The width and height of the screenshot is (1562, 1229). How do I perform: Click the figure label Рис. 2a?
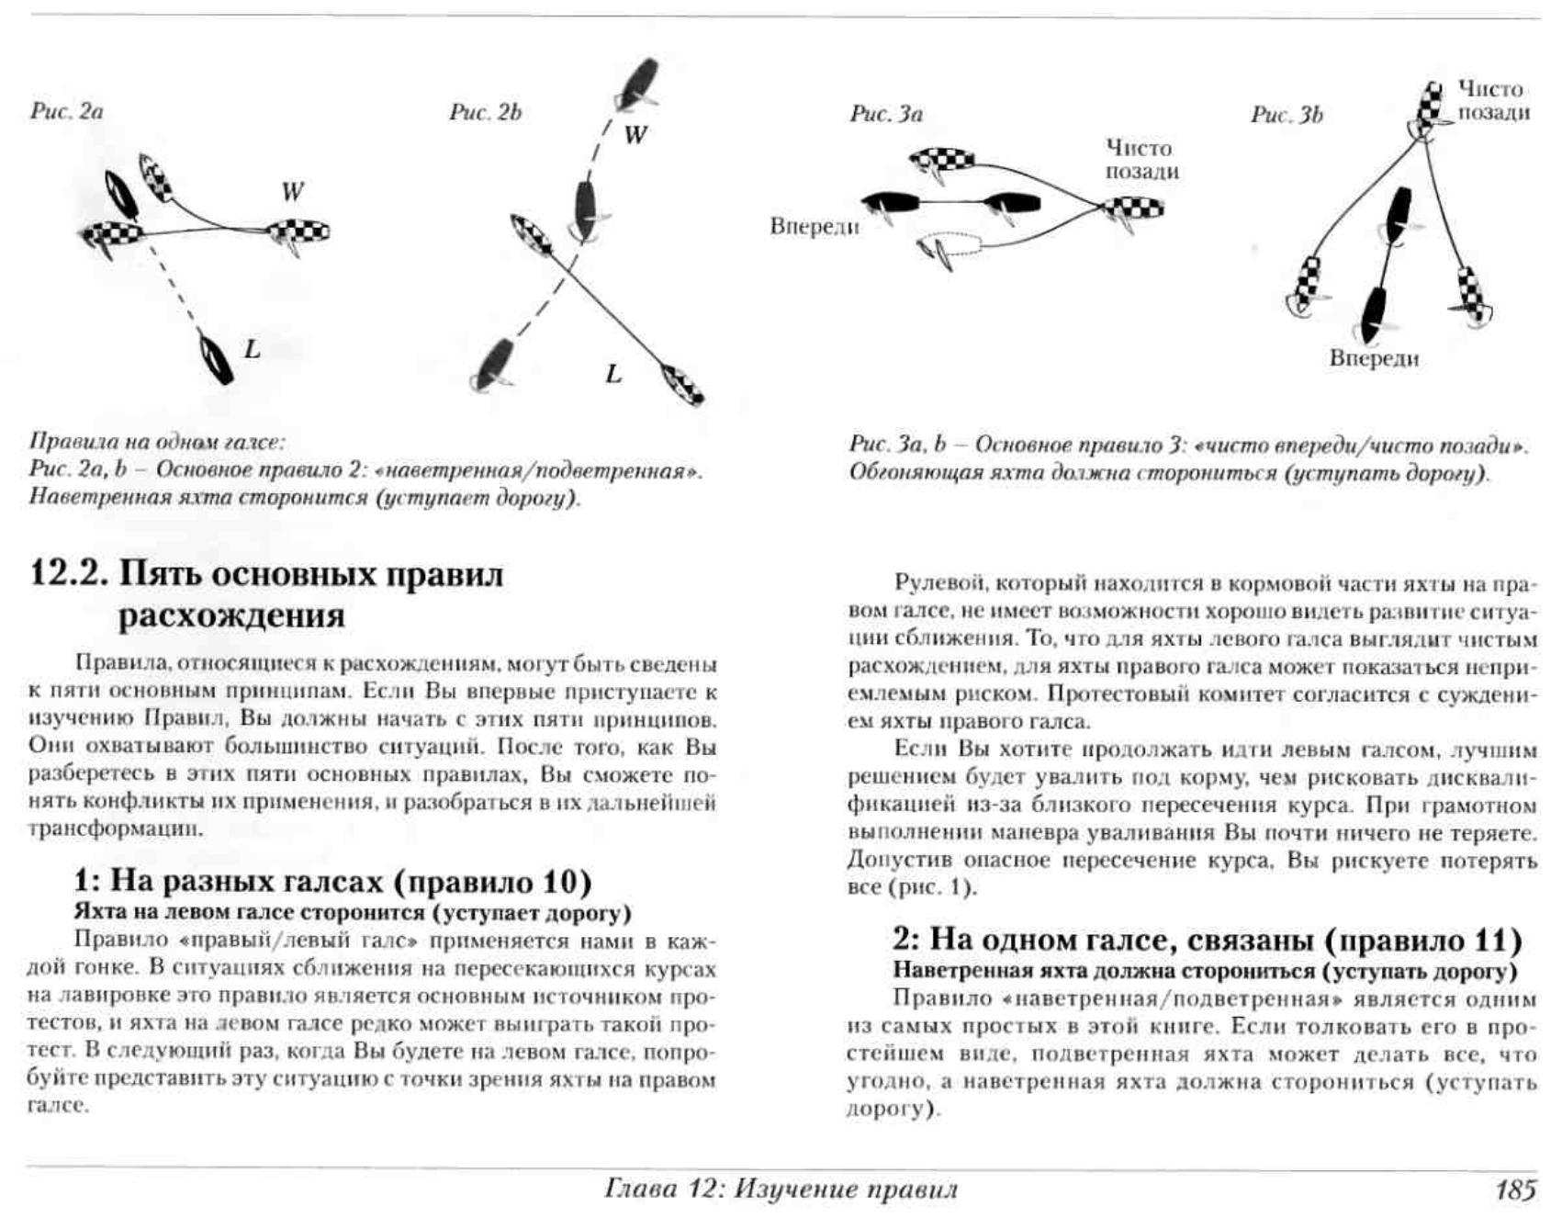(66, 111)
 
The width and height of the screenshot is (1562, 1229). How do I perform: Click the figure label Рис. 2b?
(485, 112)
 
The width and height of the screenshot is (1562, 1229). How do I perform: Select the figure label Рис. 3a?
(885, 114)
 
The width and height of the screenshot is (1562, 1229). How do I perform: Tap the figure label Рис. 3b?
(1286, 115)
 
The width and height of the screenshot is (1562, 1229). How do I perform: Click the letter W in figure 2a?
(292, 192)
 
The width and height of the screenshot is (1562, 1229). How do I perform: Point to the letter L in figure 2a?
(252, 349)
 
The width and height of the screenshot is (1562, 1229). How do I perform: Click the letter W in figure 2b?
(635, 135)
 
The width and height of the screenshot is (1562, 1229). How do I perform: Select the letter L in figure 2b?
(613, 374)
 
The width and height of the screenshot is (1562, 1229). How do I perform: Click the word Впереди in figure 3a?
(814, 226)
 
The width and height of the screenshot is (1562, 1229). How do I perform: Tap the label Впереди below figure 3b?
(1374, 358)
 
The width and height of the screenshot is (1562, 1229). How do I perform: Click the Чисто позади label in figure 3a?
(1141, 160)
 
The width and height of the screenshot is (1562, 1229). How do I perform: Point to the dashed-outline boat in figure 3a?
(950, 247)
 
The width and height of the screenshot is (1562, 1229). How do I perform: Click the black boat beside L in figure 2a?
(216, 358)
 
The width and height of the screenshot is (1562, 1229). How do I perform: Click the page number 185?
(1515, 1190)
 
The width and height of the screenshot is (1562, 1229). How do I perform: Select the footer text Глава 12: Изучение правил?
(781, 1190)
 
